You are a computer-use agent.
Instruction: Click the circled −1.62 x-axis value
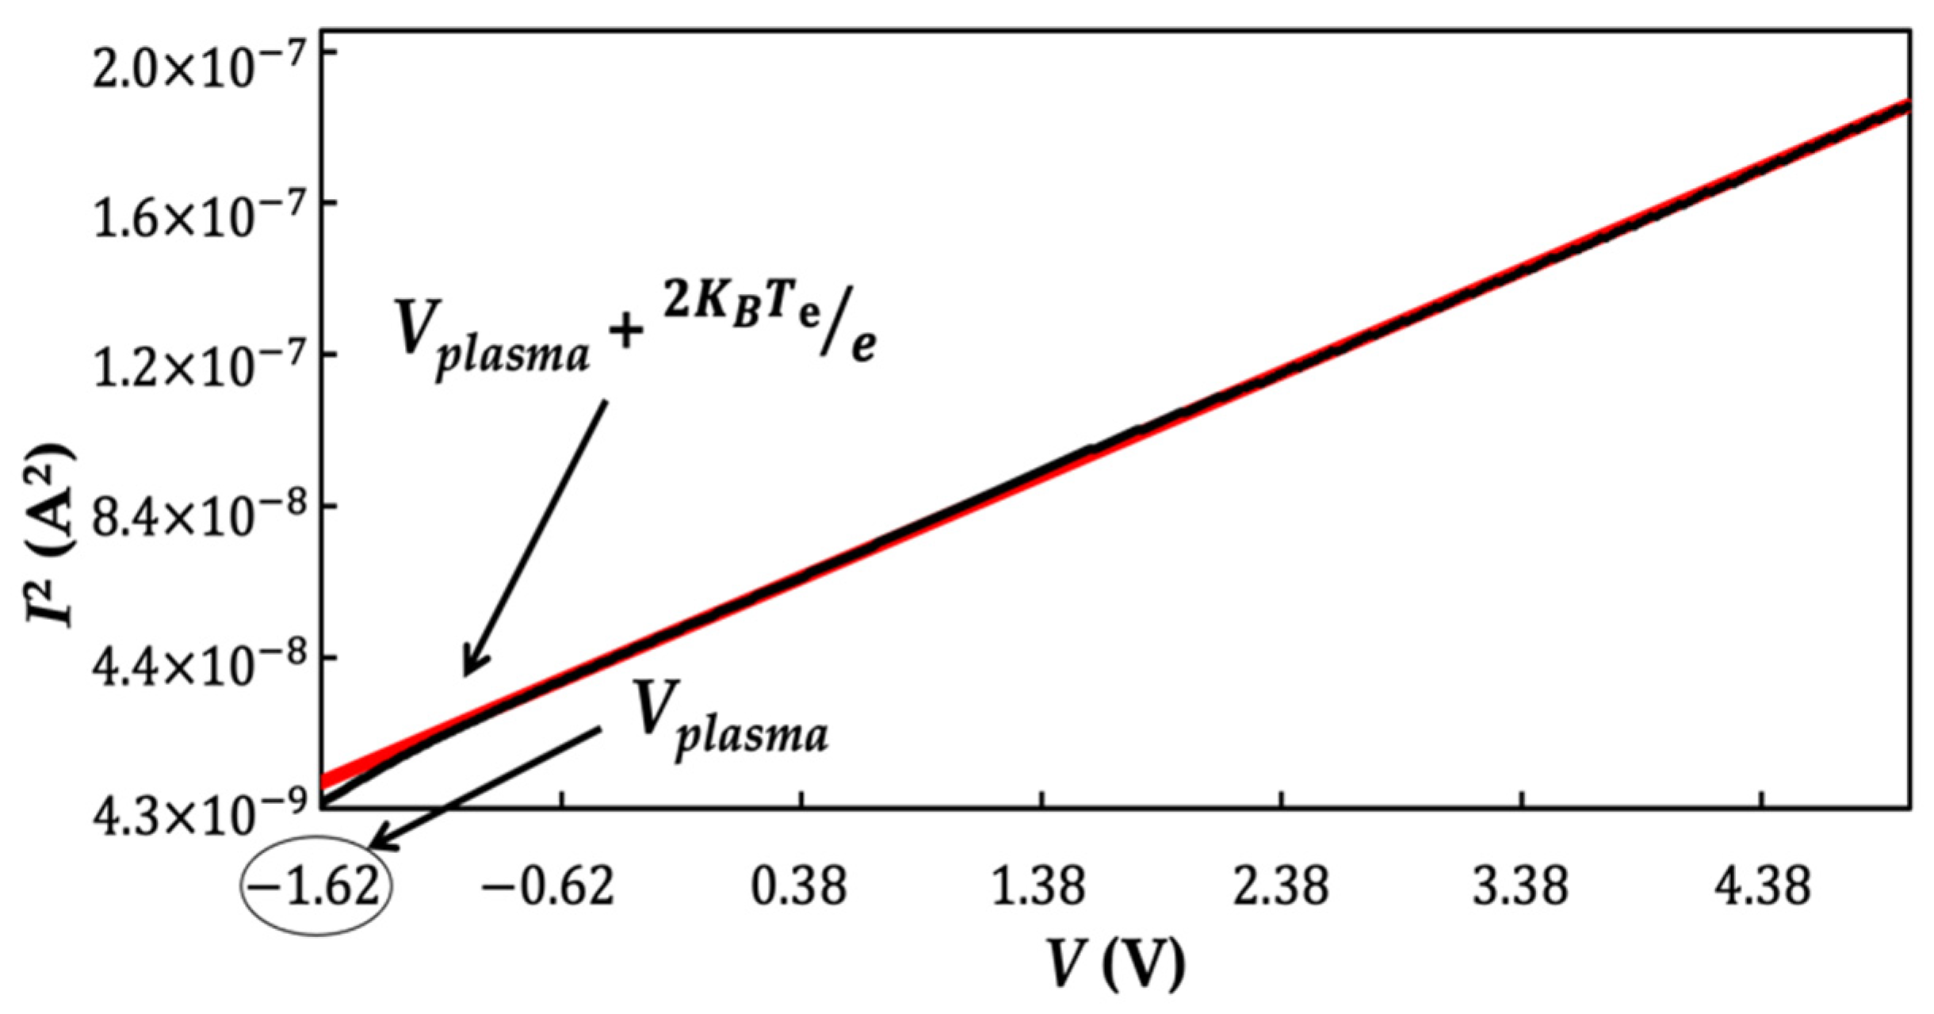point(315,886)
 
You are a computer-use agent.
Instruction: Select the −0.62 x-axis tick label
point(548,886)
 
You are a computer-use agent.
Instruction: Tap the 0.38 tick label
point(799,886)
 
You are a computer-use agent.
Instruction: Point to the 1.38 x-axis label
point(1038,886)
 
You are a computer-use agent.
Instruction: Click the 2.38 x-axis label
point(1279,886)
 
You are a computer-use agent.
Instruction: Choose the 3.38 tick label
point(1520,886)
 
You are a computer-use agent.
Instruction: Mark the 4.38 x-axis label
point(1761,886)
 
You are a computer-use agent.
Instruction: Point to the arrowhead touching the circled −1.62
point(379,845)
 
